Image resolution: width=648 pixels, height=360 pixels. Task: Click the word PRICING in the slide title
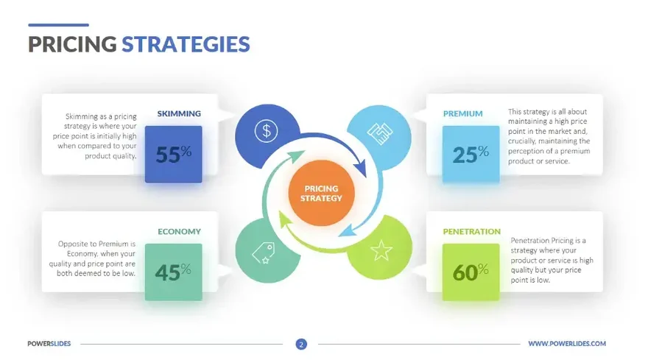pyautogui.click(x=72, y=44)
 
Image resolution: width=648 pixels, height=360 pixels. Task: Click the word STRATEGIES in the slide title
pyautogui.click(x=186, y=44)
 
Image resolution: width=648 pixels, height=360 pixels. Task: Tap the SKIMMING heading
pyautogui.click(x=179, y=114)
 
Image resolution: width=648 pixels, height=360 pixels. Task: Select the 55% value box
pyautogui.click(x=173, y=153)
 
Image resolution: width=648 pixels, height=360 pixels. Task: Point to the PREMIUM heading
pyautogui.click(x=462, y=114)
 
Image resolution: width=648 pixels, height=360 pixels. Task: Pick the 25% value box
pyautogui.click(x=471, y=153)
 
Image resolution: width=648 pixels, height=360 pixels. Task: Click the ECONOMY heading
pyautogui.click(x=179, y=232)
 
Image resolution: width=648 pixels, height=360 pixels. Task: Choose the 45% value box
pyautogui.click(x=173, y=272)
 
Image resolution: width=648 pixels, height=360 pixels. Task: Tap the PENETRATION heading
pyautogui.click(x=471, y=232)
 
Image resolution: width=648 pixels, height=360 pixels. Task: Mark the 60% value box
pyautogui.click(x=471, y=272)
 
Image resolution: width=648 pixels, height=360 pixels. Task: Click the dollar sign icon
pyautogui.click(x=265, y=132)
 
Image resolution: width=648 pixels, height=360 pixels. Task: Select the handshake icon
pyautogui.click(x=380, y=133)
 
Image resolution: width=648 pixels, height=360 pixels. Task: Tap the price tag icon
pyautogui.click(x=264, y=253)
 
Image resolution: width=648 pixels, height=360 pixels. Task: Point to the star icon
pyautogui.click(x=381, y=252)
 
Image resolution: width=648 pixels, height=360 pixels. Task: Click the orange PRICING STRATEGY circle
pyautogui.click(x=323, y=194)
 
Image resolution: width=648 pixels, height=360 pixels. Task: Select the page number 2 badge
pyautogui.click(x=301, y=344)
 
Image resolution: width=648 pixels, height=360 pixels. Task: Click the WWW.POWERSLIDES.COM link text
pyautogui.click(x=567, y=344)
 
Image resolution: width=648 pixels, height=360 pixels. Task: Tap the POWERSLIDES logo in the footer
pyautogui.click(x=49, y=344)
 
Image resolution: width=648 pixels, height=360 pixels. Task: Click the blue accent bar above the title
pyautogui.click(x=58, y=25)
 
